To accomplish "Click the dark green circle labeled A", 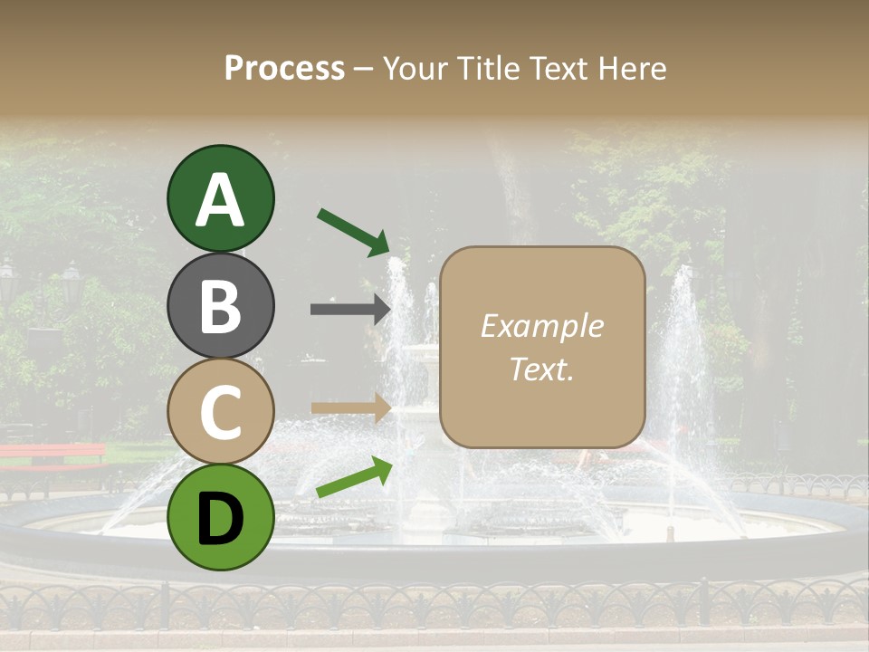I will pyautogui.click(x=220, y=198).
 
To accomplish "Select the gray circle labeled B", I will pyautogui.click(x=220, y=305).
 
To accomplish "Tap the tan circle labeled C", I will pyautogui.click(x=220, y=411).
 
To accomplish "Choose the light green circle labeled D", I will pyautogui.click(x=220, y=517).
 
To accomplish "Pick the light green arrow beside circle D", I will pyautogui.click(x=354, y=477).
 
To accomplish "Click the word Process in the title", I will pyautogui.click(x=284, y=68).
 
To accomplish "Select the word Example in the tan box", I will pyautogui.click(x=541, y=326).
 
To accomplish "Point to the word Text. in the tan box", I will pyautogui.click(x=541, y=369).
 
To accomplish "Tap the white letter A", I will pyautogui.click(x=220, y=199).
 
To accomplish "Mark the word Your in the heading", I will pyautogui.click(x=417, y=68).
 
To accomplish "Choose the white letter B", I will pyautogui.click(x=220, y=306).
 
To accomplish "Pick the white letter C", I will pyautogui.click(x=220, y=412).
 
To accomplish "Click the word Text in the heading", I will pyautogui.click(x=555, y=68).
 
